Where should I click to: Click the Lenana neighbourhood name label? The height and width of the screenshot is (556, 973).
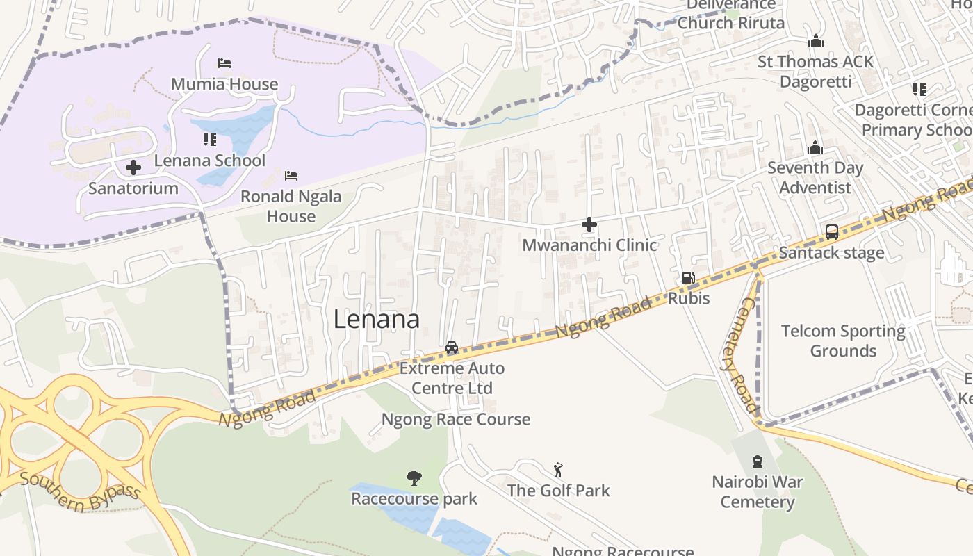pyautogui.click(x=376, y=319)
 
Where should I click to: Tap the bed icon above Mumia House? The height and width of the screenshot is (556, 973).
pyautogui.click(x=224, y=63)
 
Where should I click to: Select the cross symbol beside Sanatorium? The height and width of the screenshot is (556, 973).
pyautogui.click(x=133, y=167)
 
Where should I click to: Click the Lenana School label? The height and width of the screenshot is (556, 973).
pyautogui.click(x=209, y=161)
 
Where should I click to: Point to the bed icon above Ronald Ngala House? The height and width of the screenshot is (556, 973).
pyautogui.click(x=291, y=175)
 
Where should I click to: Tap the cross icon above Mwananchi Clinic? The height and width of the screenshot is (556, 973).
pyautogui.click(x=589, y=224)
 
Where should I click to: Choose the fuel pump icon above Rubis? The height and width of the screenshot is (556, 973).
pyautogui.click(x=688, y=278)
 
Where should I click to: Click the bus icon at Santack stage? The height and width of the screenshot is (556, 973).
pyautogui.click(x=832, y=232)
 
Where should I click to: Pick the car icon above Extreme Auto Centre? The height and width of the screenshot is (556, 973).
pyautogui.click(x=452, y=347)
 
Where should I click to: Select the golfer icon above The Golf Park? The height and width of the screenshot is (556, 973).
pyautogui.click(x=558, y=471)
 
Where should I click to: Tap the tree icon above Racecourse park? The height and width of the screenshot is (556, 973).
pyautogui.click(x=414, y=478)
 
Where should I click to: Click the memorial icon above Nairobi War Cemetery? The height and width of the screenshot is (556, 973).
pyautogui.click(x=758, y=461)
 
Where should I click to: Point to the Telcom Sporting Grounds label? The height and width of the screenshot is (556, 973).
pyautogui.click(x=843, y=341)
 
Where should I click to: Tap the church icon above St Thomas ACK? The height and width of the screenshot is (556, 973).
pyautogui.click(x=816, y=42)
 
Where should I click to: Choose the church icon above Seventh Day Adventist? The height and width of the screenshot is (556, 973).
pyautogui.click(x=815, y=147)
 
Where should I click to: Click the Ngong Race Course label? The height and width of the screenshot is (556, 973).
pyautogui.click(x=455, y=419)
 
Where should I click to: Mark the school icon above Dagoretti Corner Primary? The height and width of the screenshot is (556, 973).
pyautogui.click(x=919, y=90)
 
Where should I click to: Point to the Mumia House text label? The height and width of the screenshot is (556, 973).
pyautogui.click(x=224, y=84)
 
